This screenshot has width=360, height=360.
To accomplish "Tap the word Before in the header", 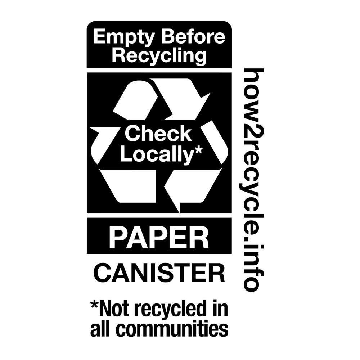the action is (193, 37).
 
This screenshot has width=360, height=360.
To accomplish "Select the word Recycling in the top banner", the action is (159, 56).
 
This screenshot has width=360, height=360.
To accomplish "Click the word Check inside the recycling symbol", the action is (158, 134).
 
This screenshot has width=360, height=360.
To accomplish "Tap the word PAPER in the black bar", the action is (159, 237).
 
